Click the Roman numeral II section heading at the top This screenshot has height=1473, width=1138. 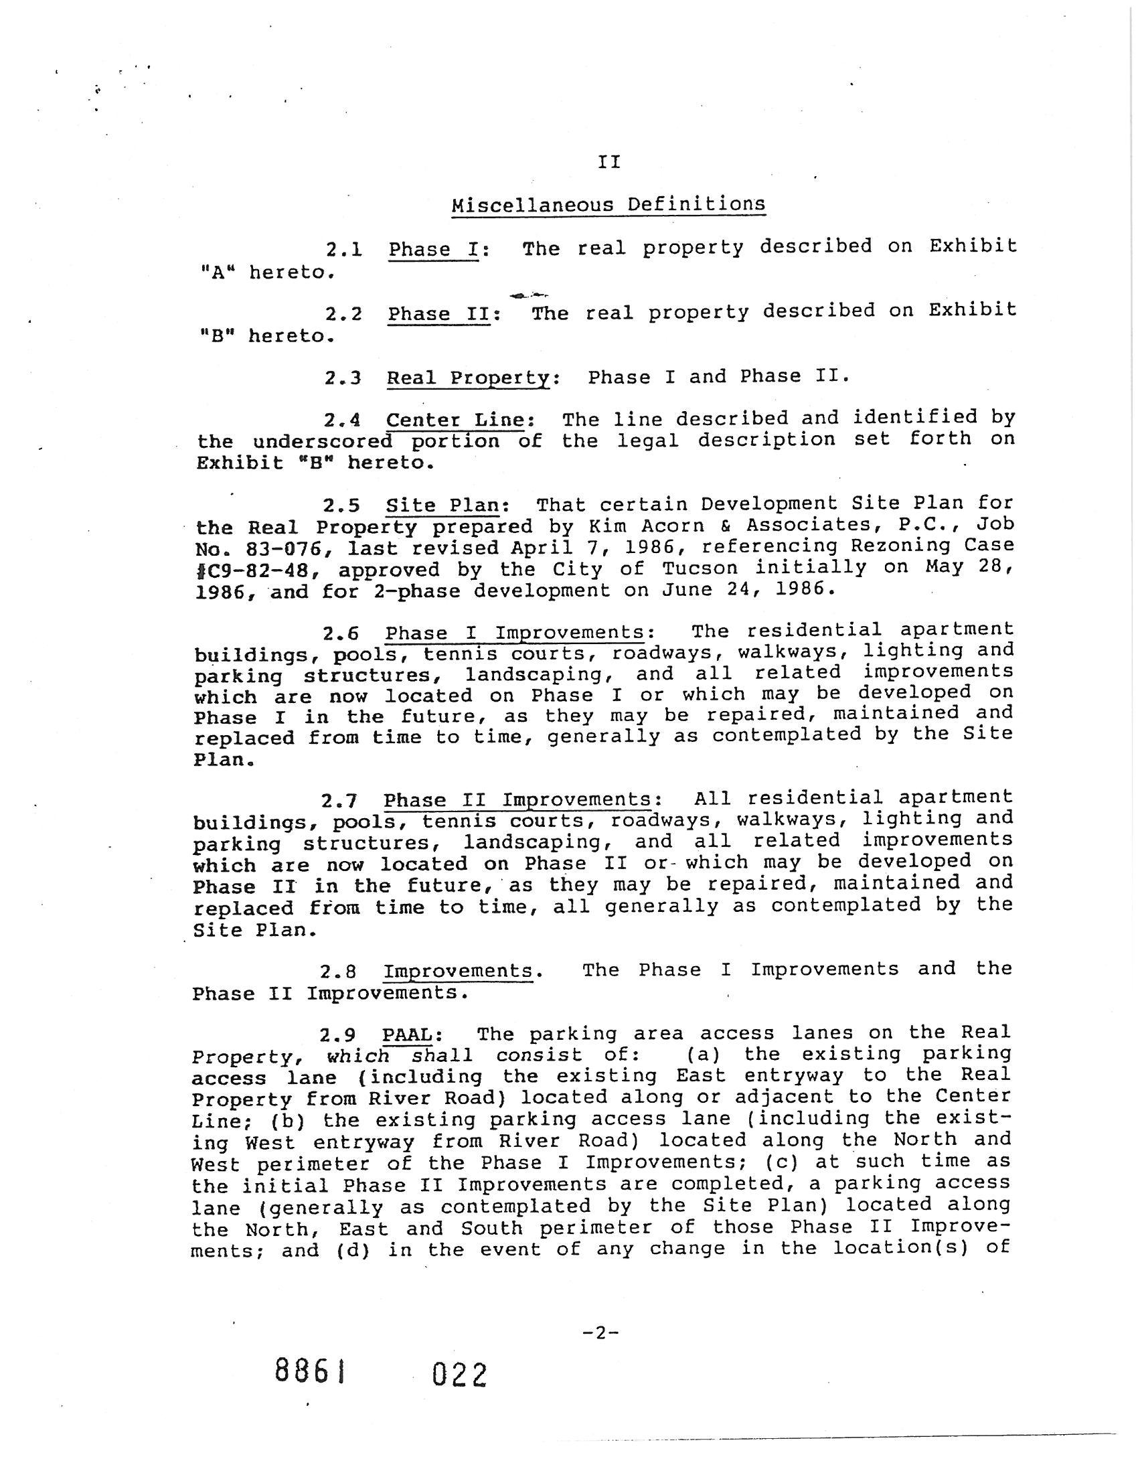pyautogui.click(x=608, y=162)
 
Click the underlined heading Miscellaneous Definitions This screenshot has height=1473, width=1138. pyautogui.click(x=608, y=204)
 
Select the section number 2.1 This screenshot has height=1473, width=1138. pyautogui.click(x=344, y=250)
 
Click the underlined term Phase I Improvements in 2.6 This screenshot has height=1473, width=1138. pyautogui.click(x=514, y=633)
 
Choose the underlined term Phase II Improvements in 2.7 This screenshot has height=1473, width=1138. pyautogui.click(x=517, y=801)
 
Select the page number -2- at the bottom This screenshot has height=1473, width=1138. pyautogui.click(x=600, y=1332)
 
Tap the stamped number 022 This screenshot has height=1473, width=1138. pyautogui.click(x=459, y=1375)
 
